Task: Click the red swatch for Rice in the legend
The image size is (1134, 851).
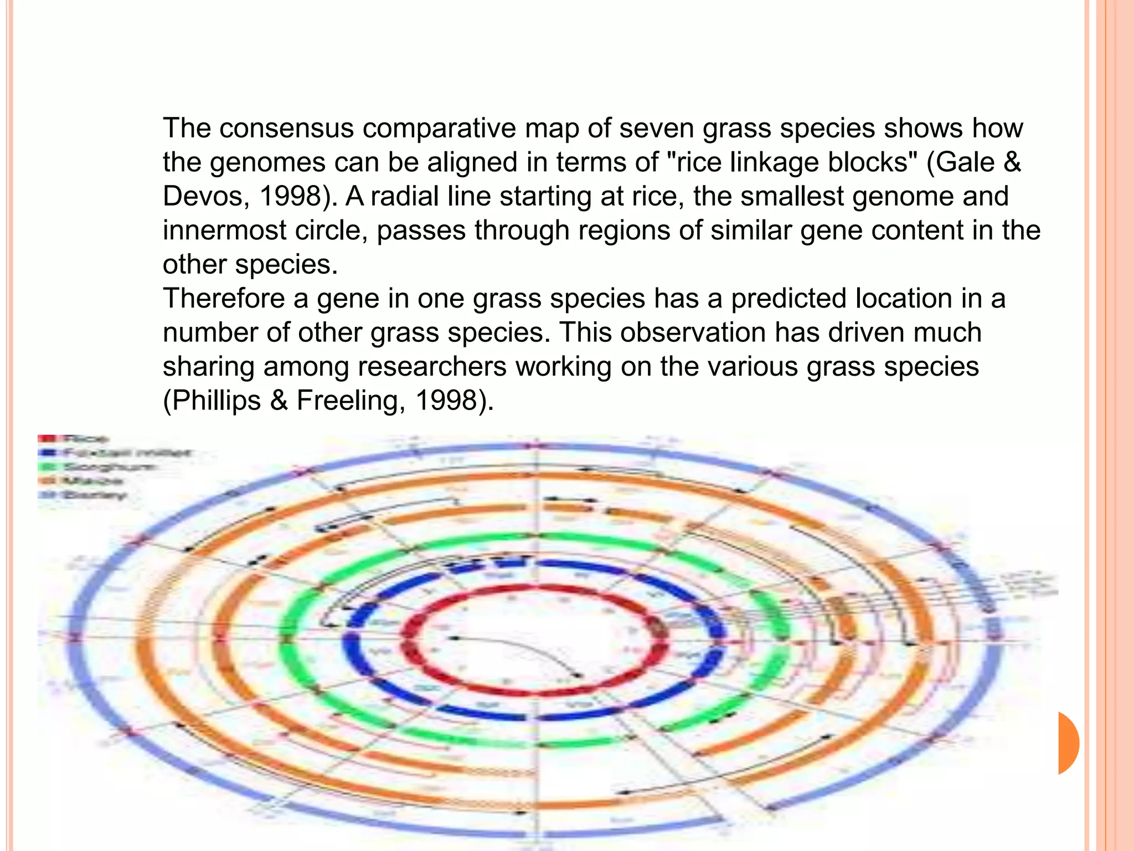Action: pyautogui.click(x=46, y=439)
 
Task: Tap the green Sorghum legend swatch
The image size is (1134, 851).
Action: pyautogui.click(x=46, y=467)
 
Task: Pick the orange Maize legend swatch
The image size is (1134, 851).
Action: pyautogui.click(x=46, y=481)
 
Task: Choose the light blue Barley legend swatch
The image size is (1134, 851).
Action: pyautogui.click(x=46, y=495)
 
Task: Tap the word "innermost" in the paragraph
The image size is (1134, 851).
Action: pyautogui.click(x=224, y=230)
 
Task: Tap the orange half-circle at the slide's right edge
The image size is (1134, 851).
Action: pyautogui.click(x=1068, y=743)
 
